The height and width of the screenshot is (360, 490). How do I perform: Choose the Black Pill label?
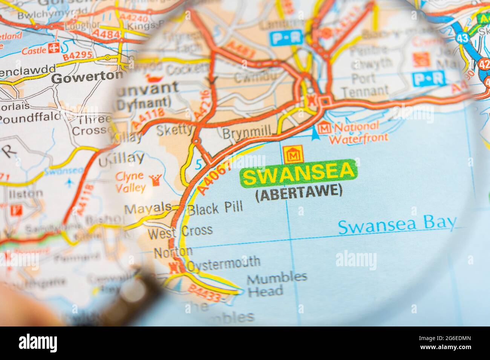coord(215,207)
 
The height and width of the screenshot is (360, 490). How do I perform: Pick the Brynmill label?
coord(247,133)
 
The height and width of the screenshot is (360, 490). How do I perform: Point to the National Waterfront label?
coord(358,132)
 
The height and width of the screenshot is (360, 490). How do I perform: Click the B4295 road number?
coord(78,56)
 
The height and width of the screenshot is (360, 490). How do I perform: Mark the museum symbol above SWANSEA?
coord(291,154)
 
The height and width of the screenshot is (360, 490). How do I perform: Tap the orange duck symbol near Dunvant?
coord(153,78)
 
